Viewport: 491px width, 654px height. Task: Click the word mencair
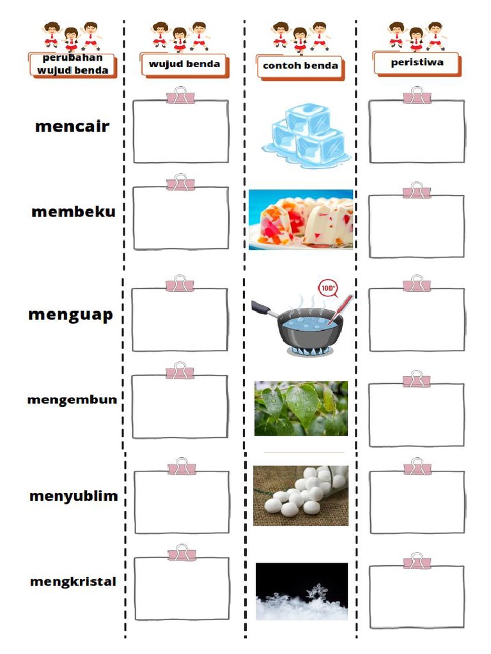pyautogui.click(x=72, y=126)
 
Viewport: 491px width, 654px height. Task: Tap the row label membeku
pyautogui.click(x=74, y=212)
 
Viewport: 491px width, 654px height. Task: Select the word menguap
pyautogui.click(x=70, y=314)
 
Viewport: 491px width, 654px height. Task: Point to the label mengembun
pyautogui.click(x=72, y=400)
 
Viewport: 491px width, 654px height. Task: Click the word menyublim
pyautogui.click(x=74, y=496)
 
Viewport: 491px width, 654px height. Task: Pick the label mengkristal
pyautogui.click(x=73, y=582)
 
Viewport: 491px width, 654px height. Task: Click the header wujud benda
pyautogui.click(x=184, y=64)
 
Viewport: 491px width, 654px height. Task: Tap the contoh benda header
pyautogui.click(x=300, y=66)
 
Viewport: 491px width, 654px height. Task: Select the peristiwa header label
pyautogui.click(x=417, y=63)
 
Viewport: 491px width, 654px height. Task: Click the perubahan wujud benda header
pyautogui.click(x=72, y=65)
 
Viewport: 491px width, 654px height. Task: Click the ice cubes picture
pyautogui.click(x=306, y=138)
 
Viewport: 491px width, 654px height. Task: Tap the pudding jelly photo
pyautogui.click(x=300, y=219)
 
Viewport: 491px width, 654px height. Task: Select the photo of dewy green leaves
pyautogui.click(x=301, y=409)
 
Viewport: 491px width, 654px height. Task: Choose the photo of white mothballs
pyautogui.click(x=300, y=496)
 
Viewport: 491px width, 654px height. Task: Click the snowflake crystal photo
pyautogui.click(x=302, y=591)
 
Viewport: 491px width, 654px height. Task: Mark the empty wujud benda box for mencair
pyautogui.click(x=181, y=132)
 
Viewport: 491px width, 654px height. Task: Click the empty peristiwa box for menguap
pyautogui.click(x=417, y=320)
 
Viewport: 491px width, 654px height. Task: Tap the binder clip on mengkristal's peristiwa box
pyautogui.click(x=417, y=562)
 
